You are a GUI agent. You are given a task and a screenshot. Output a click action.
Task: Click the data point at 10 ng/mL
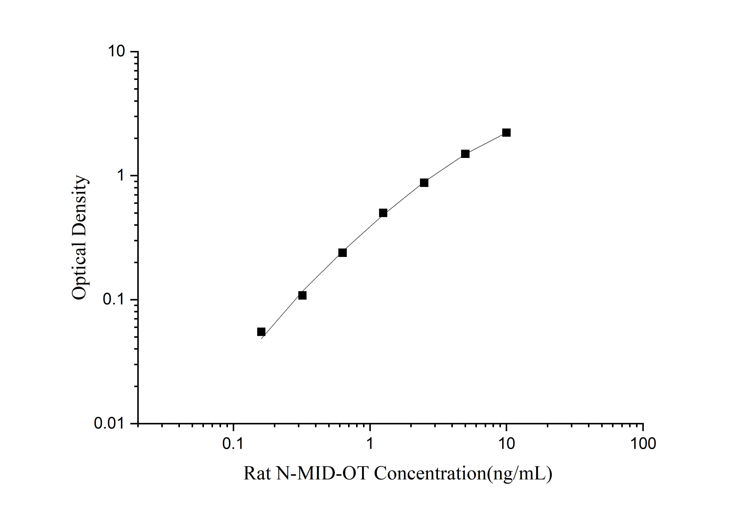[506, 133]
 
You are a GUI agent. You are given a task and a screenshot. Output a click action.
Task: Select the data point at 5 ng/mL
[465, 154]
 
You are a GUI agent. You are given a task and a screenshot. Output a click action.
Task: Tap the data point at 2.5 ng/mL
[424, 183]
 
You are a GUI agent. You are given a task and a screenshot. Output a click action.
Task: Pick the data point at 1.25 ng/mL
[383, 213]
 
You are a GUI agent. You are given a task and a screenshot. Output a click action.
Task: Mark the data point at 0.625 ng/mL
[342, 253]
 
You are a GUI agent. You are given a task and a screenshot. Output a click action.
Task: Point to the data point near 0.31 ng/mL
[302, 296]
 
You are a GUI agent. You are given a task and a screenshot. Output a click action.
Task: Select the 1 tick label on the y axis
[121, 176]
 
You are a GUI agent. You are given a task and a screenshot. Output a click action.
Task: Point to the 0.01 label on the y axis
[109, 423]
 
